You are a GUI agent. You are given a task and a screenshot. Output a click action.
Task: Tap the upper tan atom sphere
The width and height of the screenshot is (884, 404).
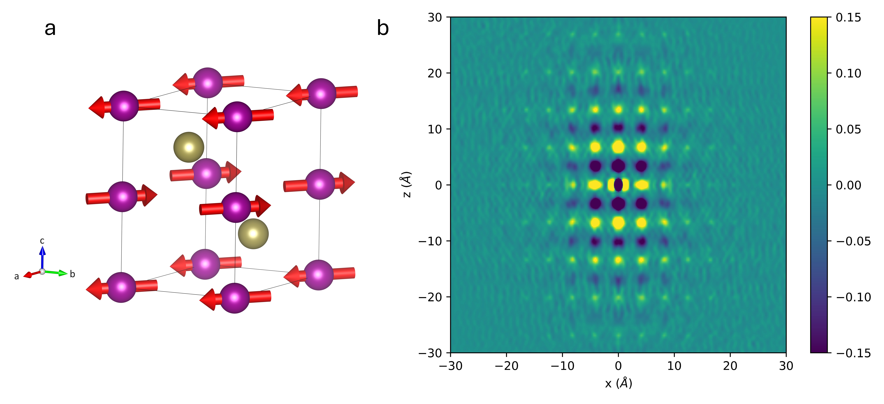pos(189,147)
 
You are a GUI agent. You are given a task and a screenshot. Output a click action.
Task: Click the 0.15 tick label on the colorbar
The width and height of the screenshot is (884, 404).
pos(848,18)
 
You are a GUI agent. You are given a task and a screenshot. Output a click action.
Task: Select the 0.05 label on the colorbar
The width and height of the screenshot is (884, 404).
pos(848,129)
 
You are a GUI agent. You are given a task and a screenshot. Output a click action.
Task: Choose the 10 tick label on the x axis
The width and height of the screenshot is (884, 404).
pos(674,366)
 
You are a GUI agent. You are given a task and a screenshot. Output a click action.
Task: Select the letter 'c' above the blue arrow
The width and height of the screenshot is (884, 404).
pos(42,241)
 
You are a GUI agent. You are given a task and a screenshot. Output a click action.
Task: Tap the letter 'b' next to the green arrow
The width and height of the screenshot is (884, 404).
pos(72,274)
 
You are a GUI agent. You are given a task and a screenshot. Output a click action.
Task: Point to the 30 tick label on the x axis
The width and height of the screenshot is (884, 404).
pos(786,366)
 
